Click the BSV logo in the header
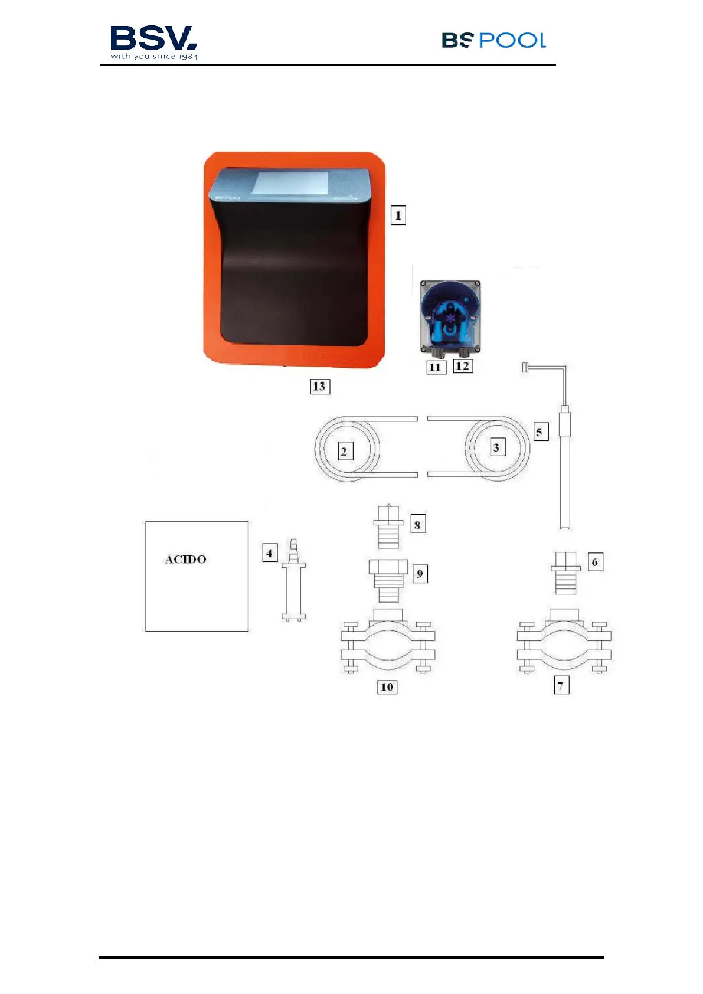pyautogui.click(x=153, y=42)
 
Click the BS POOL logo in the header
pyautogui.click(x=493, y=40)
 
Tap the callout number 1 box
pyautogui.click(x=398, y=215)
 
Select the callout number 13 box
pyautogui.click(x=319, y=387)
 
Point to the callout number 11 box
pyautogui.click(x=436, y=367)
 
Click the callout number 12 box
pyautogui.click(x=463, y=366)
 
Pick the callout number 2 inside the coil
pyautogui.click(x=345, y=452)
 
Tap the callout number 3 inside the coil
pyautogui.click(x=497, y=447)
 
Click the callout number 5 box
pyautogui.click(x=539, y=432)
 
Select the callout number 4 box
pyautogui.click(x=270, y=554)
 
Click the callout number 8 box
pyautogui.click(x=418, y=524)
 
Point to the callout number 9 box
pyautogui.click(x=420, y=574)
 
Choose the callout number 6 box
pyautogui.click(x=595, y=562)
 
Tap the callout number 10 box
pyautogui.click(x=387, y=686)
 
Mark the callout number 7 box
pyautogui.click(x=561, y=685)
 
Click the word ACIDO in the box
pyautogui.click(x=185, y=560)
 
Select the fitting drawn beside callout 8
pyautogui.click(x=388, y=527)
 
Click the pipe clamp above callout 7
pyautogui.click(x=564, y=643)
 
